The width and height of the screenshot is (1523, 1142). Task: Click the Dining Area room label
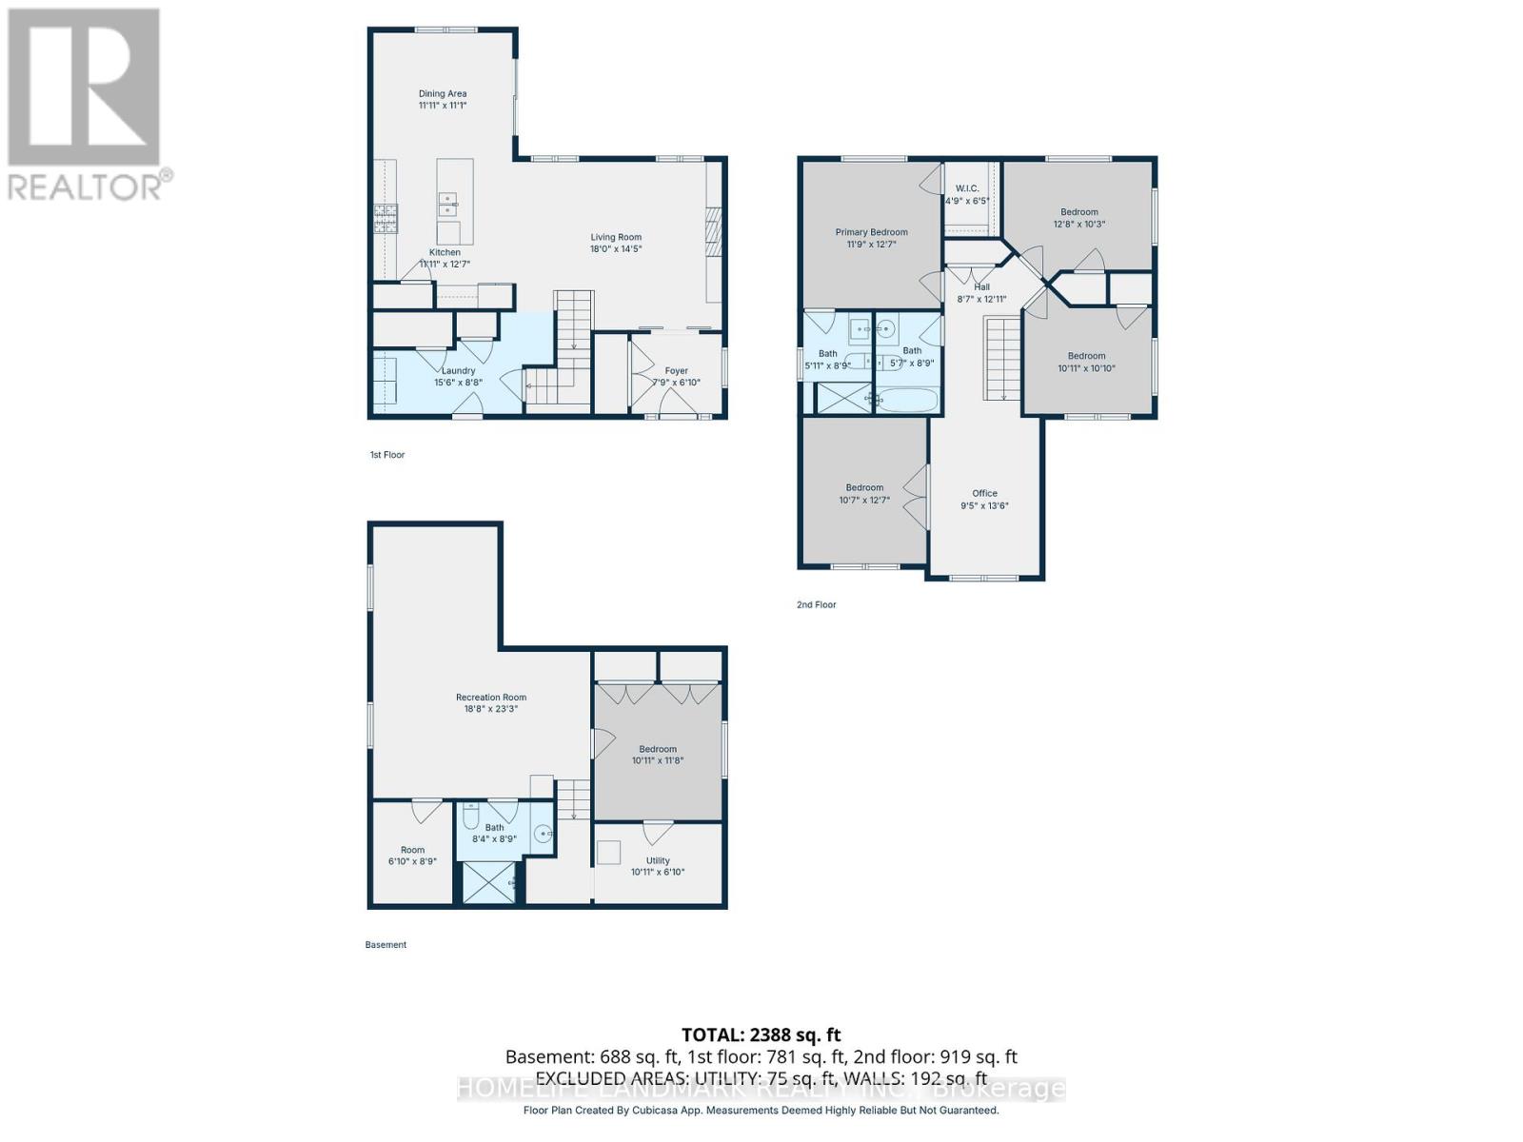point(443,94)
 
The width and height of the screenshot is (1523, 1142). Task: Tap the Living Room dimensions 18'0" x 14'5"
point(616,249)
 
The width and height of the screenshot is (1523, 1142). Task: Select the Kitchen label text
point(445,252)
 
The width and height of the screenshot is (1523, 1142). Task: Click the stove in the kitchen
point(386,220)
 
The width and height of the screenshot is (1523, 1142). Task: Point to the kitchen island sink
point(447,203)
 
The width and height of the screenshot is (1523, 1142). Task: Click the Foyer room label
point(676,371)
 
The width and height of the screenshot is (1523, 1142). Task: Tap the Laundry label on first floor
point(458,371)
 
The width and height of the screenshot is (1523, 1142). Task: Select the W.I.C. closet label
point(967,188)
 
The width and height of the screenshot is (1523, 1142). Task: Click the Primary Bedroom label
point(871,232)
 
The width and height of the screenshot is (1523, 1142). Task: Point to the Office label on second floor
point(984,493)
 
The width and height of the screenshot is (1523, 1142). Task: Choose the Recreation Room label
point(490,698)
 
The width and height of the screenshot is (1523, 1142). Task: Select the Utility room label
point(658,860)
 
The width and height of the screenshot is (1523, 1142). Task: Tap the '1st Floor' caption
point(387,455)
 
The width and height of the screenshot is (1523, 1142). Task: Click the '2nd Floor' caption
point(817,604)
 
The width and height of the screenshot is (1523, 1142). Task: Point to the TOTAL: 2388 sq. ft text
point(761,1034)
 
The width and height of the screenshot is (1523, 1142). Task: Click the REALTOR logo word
point(86,186)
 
